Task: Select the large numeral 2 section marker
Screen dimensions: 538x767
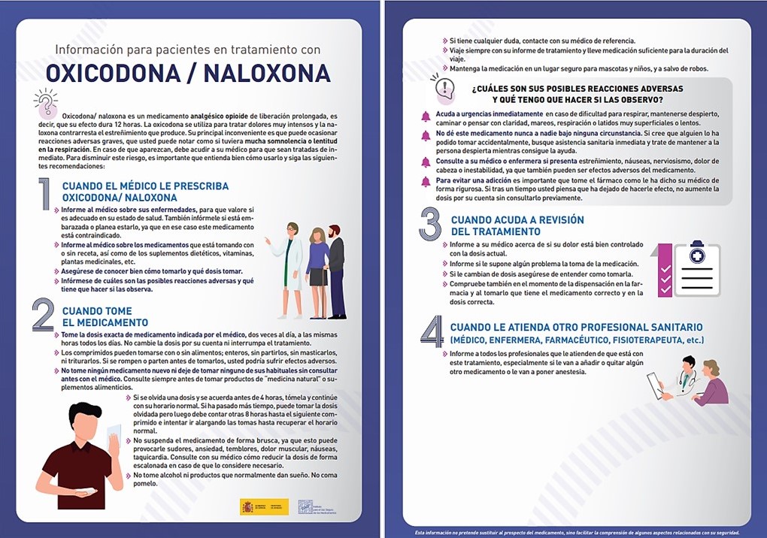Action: tap(44, 316)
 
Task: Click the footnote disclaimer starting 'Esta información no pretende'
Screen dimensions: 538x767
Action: tap(577, 532)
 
